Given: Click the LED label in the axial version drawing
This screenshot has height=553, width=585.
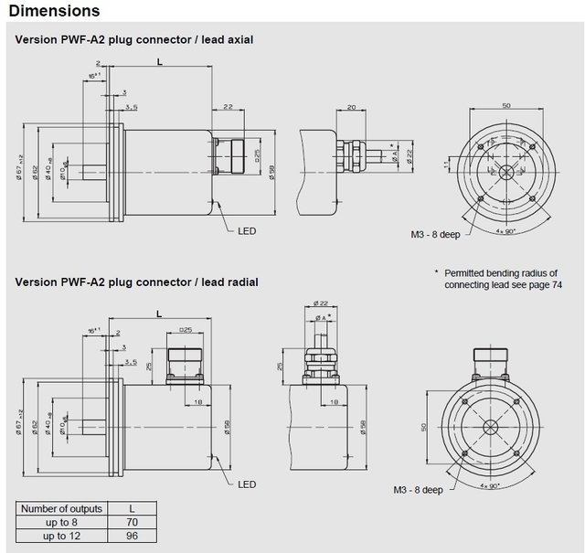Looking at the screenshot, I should (246, 231).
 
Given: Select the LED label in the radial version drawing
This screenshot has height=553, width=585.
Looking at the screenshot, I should (246, 484).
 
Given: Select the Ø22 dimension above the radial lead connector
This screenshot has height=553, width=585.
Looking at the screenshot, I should (321, 303).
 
